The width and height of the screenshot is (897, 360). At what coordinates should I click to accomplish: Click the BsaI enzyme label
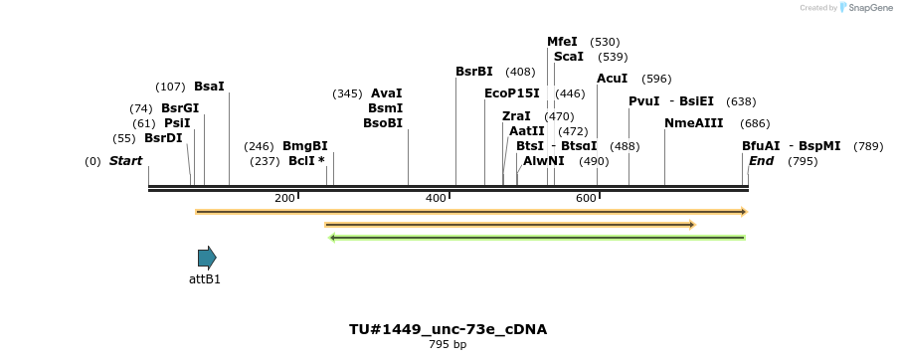pos(209,87)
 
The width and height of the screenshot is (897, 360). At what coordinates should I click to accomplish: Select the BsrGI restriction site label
pos(180,107)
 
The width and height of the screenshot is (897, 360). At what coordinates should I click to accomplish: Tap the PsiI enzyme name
pos(177,122)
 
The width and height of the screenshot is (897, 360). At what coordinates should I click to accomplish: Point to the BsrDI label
pos(163,138)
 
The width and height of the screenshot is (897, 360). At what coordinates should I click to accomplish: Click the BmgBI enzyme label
pos(304,146)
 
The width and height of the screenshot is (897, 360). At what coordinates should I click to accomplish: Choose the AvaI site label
pos(386,93)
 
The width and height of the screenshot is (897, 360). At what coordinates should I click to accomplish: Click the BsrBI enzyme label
pos(474,72)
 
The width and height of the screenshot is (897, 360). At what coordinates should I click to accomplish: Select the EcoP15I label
pos(512,93)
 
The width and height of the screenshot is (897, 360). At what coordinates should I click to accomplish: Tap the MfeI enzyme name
pos(562,42)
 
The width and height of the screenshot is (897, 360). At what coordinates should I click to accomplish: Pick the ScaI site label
pos(569,57)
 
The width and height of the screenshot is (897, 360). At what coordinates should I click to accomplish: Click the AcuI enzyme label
pos(613,79)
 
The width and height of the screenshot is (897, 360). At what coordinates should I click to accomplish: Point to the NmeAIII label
pos(694,123)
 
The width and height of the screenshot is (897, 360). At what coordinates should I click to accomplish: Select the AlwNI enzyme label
pos(544,161)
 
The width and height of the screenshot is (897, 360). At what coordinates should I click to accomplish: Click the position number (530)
pos(605,42)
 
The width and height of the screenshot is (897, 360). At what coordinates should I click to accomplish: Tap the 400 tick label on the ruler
pos(436,199)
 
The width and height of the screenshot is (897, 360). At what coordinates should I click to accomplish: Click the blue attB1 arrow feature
pos(207,258)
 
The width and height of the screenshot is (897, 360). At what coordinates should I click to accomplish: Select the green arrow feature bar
pos(537,238)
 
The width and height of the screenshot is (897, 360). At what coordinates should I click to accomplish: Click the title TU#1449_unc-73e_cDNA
pos(448,329)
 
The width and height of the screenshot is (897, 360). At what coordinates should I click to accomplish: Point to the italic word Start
pos(126,161)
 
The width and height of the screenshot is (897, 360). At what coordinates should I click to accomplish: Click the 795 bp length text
pos(448,345)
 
